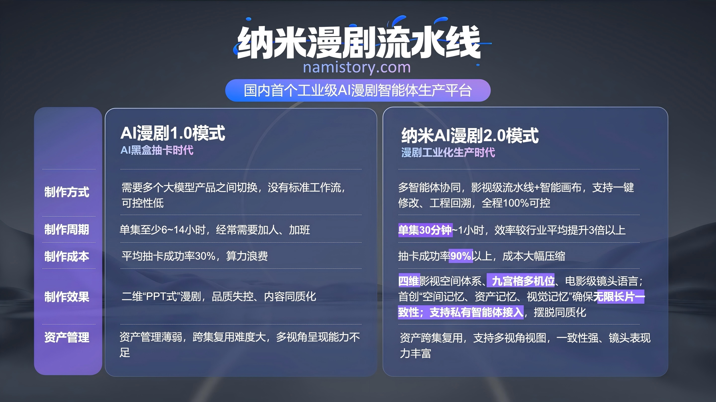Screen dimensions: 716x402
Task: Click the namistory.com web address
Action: (x=357, y=67)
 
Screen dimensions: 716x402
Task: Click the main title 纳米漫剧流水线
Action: (x=358, y=42)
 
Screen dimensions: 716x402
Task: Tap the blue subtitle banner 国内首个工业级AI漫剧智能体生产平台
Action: (x=358, y=90)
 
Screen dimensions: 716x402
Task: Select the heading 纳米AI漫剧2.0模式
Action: (x=470, y=135)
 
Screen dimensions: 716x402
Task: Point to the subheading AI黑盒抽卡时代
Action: (x=157, y=150)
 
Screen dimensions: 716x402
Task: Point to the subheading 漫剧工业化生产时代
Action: (x=448, y=152)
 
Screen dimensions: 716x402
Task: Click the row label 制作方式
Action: (x=67, y=192)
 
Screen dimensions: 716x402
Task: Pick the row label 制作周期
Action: (x=67, y=230)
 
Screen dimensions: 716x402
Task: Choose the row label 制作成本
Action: (x=67, y=256)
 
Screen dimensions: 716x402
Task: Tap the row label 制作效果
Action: (x=67, y=297)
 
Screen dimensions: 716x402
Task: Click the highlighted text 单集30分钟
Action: (x=425, y=230)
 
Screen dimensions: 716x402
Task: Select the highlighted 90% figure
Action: (x=461, y=256)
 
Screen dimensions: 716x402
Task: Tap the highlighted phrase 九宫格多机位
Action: (x=523, y=281)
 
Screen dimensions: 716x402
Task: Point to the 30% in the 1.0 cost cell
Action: (x=205, y=256)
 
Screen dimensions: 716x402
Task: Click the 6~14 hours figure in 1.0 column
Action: (x=173, y=230)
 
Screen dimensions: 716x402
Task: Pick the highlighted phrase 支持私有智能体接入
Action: (x=476, y=312)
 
